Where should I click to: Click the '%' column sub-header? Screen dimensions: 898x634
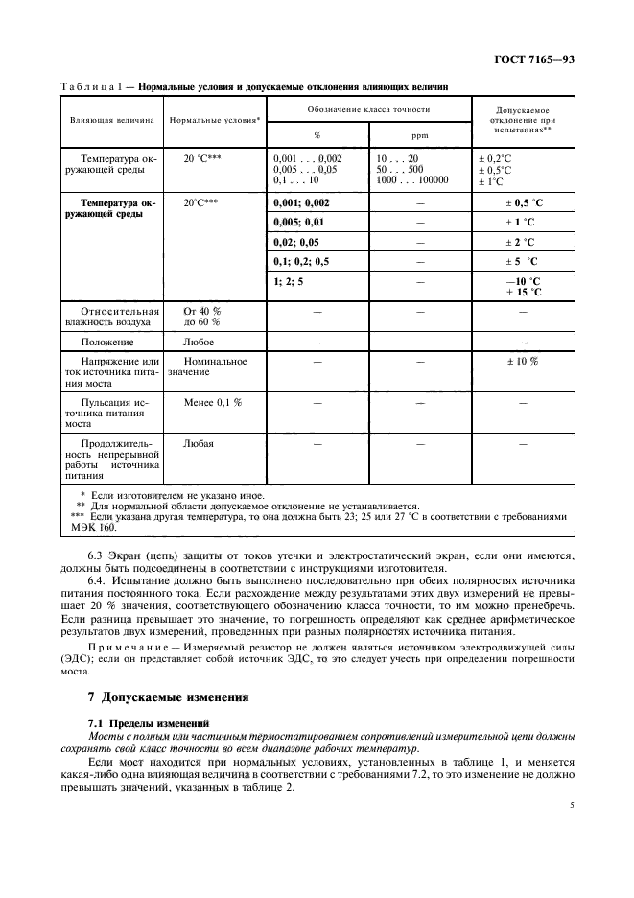click(x=317, y=135)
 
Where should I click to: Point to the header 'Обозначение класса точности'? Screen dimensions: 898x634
click(x=367, y=106)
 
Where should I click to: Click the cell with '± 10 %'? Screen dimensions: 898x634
click(x=522, y=362)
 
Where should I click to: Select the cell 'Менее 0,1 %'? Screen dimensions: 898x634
click(x=212, y=402)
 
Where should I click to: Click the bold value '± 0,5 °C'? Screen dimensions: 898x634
click(x=524, y=203)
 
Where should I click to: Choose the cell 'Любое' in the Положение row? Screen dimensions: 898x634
click(x=199, y=342)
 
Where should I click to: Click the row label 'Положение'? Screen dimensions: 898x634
click(x=107, y=342)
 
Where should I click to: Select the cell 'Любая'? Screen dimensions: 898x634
click(x=199, y=444)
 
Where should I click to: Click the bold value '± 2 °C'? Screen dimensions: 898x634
click(x=523, y=242)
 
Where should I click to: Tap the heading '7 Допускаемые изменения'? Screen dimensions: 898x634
click(x=155, y=697)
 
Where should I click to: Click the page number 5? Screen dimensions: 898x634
click(x=572, y=806)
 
